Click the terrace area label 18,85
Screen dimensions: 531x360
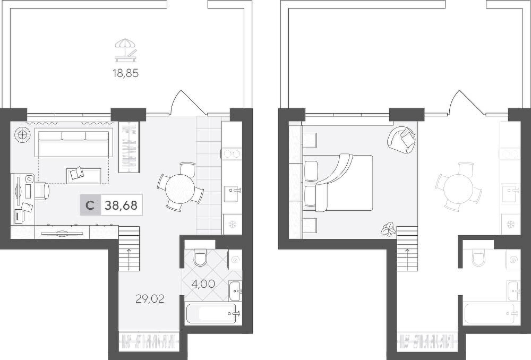point(126,73)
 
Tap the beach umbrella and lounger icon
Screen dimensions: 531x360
point(126,50)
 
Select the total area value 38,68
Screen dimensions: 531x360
point(121,205)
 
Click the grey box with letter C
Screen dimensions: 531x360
point(90,205)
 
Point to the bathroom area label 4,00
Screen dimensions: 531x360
point(203,284)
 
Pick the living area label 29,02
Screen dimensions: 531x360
point(150,298)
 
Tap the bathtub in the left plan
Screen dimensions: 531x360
point(212,314)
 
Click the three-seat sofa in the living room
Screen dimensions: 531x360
point(73,143)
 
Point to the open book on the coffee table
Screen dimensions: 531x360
point(76,173)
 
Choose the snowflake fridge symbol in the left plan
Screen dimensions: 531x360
point(233,224)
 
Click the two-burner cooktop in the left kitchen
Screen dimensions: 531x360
point(232,154)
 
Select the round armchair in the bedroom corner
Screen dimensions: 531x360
point(401,140)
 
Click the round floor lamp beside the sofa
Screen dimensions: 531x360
point(22,135)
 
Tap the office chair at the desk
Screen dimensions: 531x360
point(41,191)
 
